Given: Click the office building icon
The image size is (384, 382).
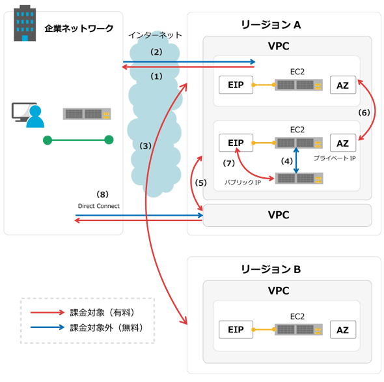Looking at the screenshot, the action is [25, 23].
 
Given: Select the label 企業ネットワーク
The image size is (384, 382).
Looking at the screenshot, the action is [79, 29].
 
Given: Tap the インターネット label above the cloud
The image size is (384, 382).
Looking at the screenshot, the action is [155, 35].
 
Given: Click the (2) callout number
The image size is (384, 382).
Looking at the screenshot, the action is [156, 52].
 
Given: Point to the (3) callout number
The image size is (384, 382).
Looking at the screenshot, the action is [145, 146].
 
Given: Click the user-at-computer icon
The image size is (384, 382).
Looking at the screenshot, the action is [28, 115].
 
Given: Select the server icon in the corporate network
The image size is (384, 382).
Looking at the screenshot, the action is [87, 114].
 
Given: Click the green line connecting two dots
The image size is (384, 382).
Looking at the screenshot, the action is [78, 140].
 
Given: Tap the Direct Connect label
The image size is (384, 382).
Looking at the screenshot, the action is [99, 206].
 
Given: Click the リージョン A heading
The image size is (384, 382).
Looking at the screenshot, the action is [271, 25].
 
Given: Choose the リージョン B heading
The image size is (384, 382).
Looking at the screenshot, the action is [271, 269].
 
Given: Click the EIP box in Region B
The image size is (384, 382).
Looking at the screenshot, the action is [236, 329].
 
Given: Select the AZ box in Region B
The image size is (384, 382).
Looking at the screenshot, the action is [343, 329].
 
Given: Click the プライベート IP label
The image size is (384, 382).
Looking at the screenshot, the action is [335, 158].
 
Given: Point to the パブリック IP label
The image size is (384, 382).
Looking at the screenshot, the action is [243, 183].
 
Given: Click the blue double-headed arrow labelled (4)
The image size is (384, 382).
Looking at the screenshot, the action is [296, 160].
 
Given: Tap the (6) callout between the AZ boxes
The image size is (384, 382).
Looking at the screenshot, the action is [364, 113].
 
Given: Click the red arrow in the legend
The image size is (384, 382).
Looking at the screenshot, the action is [48, 312].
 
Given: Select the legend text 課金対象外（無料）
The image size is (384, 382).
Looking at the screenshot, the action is [107, 327].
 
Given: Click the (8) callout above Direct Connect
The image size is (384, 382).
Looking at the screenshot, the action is [102, 194].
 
